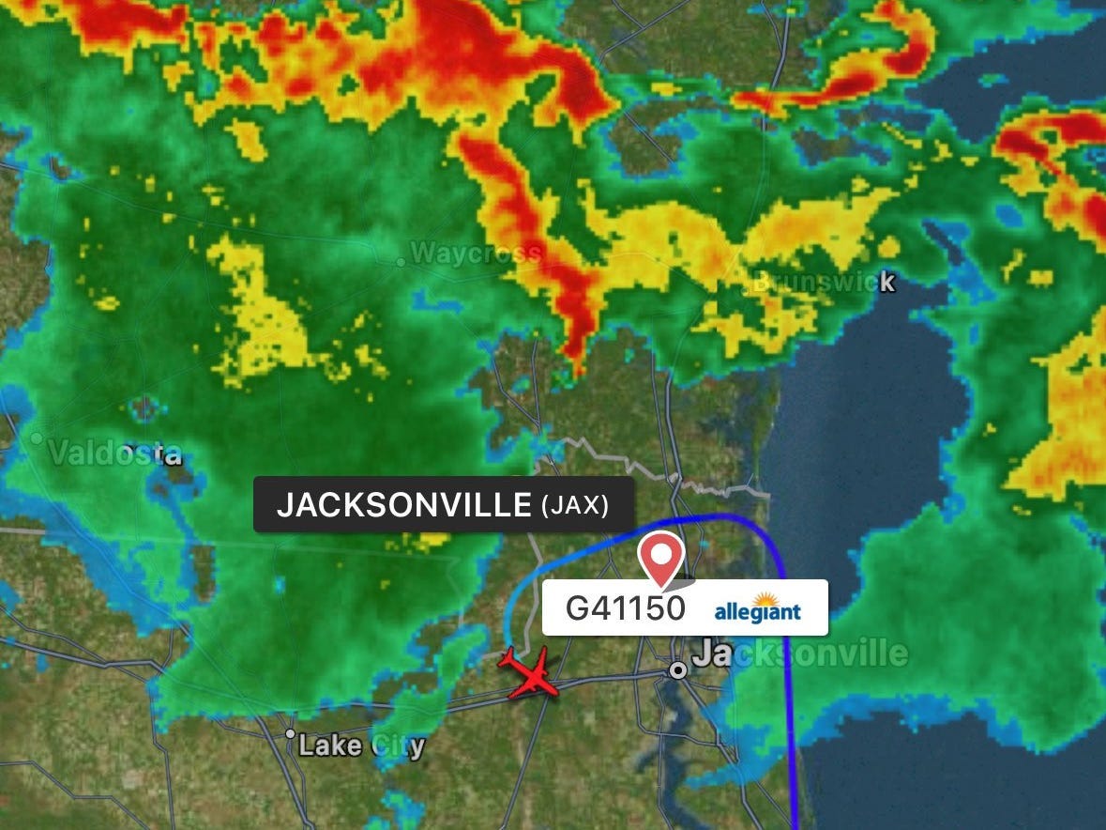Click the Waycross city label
476,254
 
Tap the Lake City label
361,747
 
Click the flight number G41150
625,608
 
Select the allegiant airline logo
758,610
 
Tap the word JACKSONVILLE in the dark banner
403,506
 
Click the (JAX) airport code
575,507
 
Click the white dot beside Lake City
290,734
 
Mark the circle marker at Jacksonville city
677,670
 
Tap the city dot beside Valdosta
38,438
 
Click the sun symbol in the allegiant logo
765,601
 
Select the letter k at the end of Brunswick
886,282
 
